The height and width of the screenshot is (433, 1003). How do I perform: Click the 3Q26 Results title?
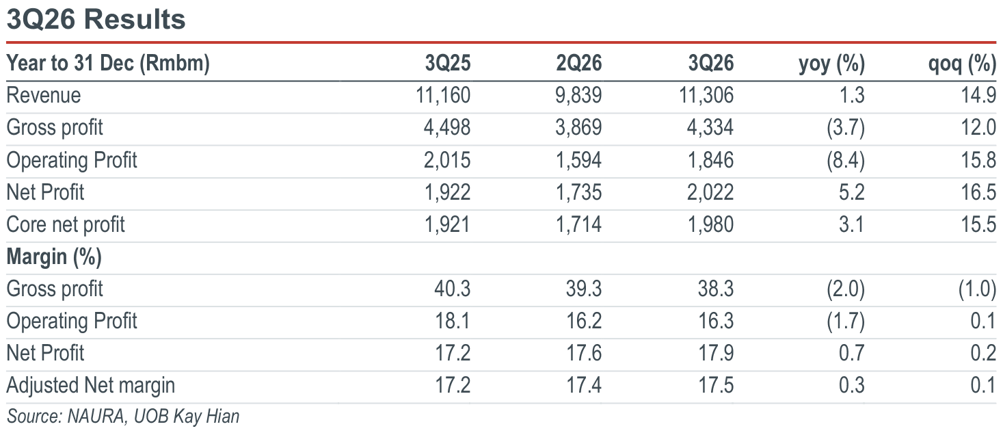[x=96, y=19]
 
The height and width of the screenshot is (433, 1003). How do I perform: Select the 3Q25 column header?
[x=447, y=63]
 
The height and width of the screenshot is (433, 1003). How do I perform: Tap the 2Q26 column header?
[x=578, y=63]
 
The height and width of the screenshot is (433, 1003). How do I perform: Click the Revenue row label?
[x=44, y=95]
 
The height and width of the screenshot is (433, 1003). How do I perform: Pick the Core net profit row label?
[x=66, y=224]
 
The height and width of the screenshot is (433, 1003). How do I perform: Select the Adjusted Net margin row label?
[x=90, y=386]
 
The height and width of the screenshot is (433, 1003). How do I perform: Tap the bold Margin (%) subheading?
[x=54, y=257]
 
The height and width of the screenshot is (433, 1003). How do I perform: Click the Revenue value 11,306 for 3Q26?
[x=706, y=95]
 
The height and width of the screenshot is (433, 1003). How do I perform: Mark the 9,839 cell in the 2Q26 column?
[x=578, y=95]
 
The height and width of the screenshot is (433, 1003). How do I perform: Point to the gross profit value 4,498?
[x=447, y=128]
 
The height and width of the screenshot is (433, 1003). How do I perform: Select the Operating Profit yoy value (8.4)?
[x=845, y=160]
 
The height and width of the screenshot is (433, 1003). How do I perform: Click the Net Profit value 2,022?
[x=710, y=192]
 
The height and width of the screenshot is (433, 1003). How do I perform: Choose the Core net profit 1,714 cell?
[x=578, y=224]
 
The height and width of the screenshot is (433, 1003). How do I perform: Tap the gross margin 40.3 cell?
[x=452, y=289]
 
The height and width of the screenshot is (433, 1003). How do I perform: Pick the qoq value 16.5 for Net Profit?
[x=978, y=192]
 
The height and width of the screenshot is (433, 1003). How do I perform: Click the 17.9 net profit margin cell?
[x=716, y=353]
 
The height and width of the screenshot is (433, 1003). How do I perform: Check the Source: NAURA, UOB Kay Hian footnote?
[x=123, y=417]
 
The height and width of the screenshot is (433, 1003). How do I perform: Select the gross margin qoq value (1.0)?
[x=977, y=289]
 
